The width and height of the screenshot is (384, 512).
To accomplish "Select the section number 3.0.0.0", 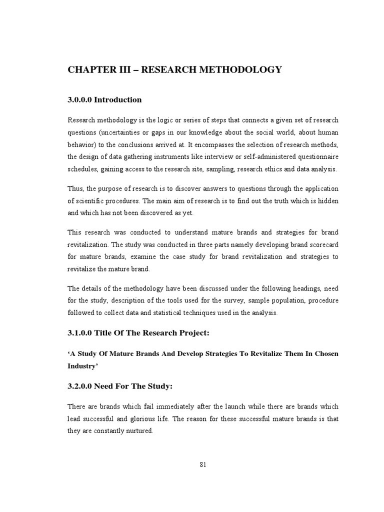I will (x=80, y=100).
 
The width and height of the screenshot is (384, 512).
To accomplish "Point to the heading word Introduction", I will (x=118, y=100).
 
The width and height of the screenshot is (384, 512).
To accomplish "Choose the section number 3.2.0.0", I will (x=80, y=386).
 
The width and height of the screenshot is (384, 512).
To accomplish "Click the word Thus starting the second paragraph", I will (x=76, y=188).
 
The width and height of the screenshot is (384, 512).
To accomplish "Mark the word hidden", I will (x=328, y=200).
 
